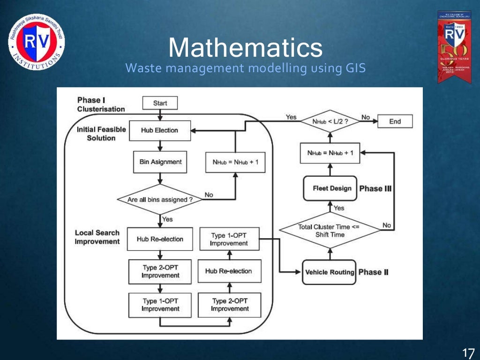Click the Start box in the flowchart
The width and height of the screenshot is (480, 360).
[x=160, y=103]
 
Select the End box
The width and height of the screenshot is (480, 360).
[x=395, y=121]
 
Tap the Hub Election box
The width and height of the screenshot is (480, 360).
[x=159, y=130]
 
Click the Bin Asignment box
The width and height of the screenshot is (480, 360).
[x=160, y=162]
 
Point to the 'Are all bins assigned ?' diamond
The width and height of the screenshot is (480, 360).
[x=160, y=200]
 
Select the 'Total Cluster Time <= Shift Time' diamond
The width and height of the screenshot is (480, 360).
[x=330, y=231]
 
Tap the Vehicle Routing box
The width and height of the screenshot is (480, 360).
[x=330, y=272]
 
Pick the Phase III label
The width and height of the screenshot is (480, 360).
[x=375, y=188]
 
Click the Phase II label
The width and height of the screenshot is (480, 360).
[x=373, y=272]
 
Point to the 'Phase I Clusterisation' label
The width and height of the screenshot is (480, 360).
[x=100, y=105]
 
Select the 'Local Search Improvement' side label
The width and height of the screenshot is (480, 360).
[x=97, y=237]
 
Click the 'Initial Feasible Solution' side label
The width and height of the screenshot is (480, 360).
[x=101, y=134]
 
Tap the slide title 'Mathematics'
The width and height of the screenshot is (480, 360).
[x=245, y=48]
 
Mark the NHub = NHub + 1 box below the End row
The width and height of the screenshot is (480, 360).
[x=330, y=153]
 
